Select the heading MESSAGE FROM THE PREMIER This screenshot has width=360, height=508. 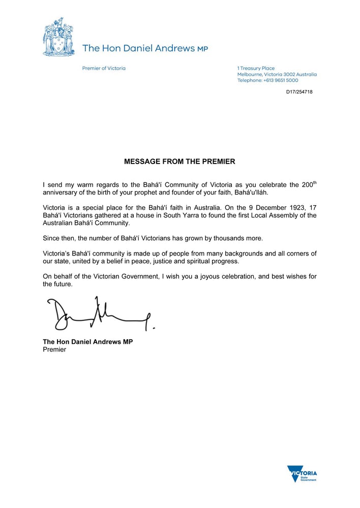click(x=179, y=162)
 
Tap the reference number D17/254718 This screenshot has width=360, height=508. click(x=299, y=92)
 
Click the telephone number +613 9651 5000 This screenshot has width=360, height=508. click(x=280, y=80)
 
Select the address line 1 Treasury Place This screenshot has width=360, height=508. click(x=256, y=68)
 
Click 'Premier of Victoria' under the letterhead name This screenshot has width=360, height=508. click(x=104, y=68)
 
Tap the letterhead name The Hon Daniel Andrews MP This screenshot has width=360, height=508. click(x=145, y=48)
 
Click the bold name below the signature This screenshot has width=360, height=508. click(x=88, y=342)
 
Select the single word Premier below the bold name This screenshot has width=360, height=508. click(x=54, y=350)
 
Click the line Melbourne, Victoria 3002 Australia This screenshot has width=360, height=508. click(x=277, y=74)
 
